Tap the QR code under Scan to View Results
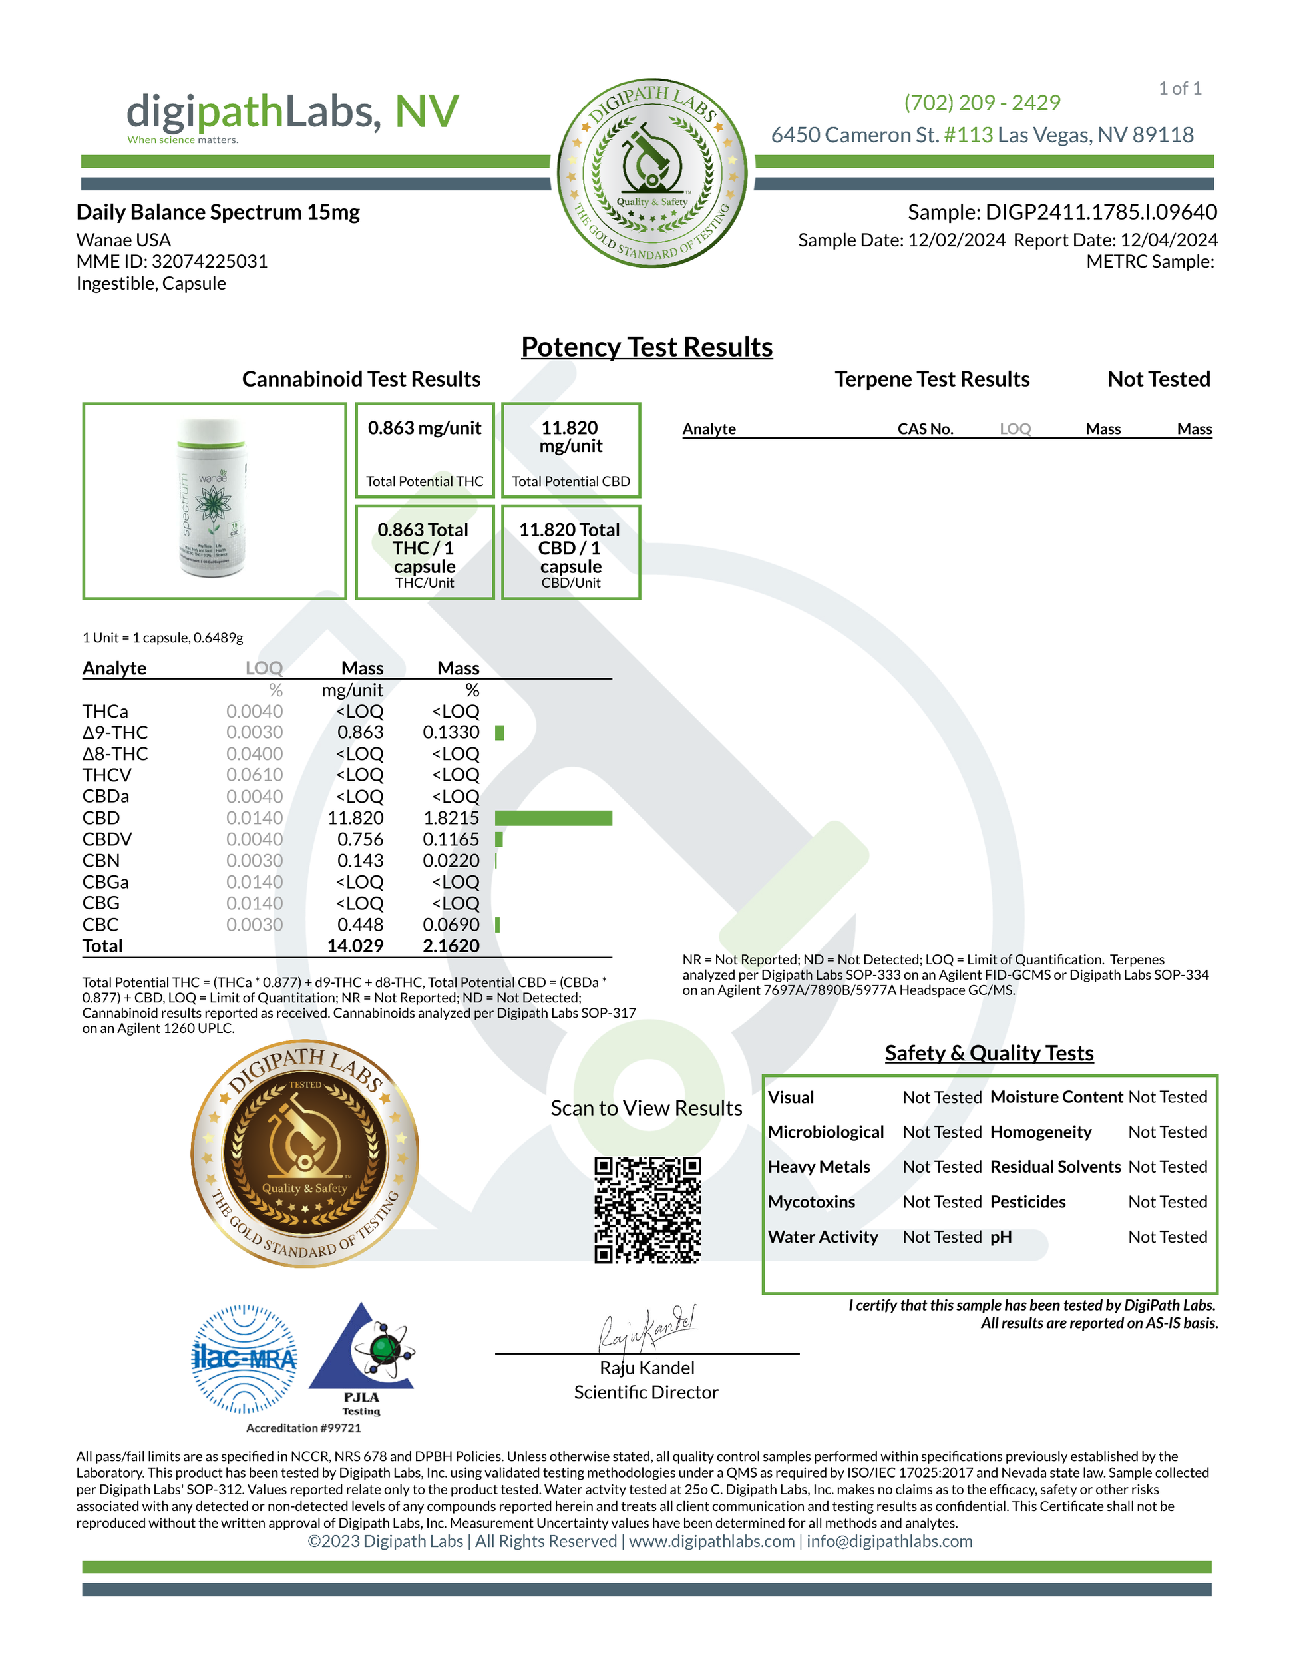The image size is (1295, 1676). tap(647, 1209)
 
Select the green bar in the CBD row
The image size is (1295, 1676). tap(553, 818)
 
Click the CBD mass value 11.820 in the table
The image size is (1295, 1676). tap(355, 818)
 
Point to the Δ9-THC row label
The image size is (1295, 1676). tap(115, 733)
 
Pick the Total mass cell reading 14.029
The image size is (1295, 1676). tap(355, 946)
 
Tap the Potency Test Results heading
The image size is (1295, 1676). tap(647, 347)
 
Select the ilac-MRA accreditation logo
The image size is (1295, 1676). tap(244, 1359)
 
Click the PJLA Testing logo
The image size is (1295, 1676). tap(361, 1357)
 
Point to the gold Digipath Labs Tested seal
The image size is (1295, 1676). tap(305, 1153)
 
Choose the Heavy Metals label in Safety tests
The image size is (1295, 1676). tap(819, 1167)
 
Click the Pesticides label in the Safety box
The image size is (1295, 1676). tap(1027, 1201)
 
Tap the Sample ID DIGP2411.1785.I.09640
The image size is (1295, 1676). tap(1101, 212)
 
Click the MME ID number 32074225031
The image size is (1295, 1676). tap(210, 262)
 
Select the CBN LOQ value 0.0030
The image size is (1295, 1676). tap(254, 861)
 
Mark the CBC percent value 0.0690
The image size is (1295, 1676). tap(451, 925)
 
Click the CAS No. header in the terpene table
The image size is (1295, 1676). tap(925, 429)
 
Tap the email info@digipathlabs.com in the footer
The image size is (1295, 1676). tap(889, 1541)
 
